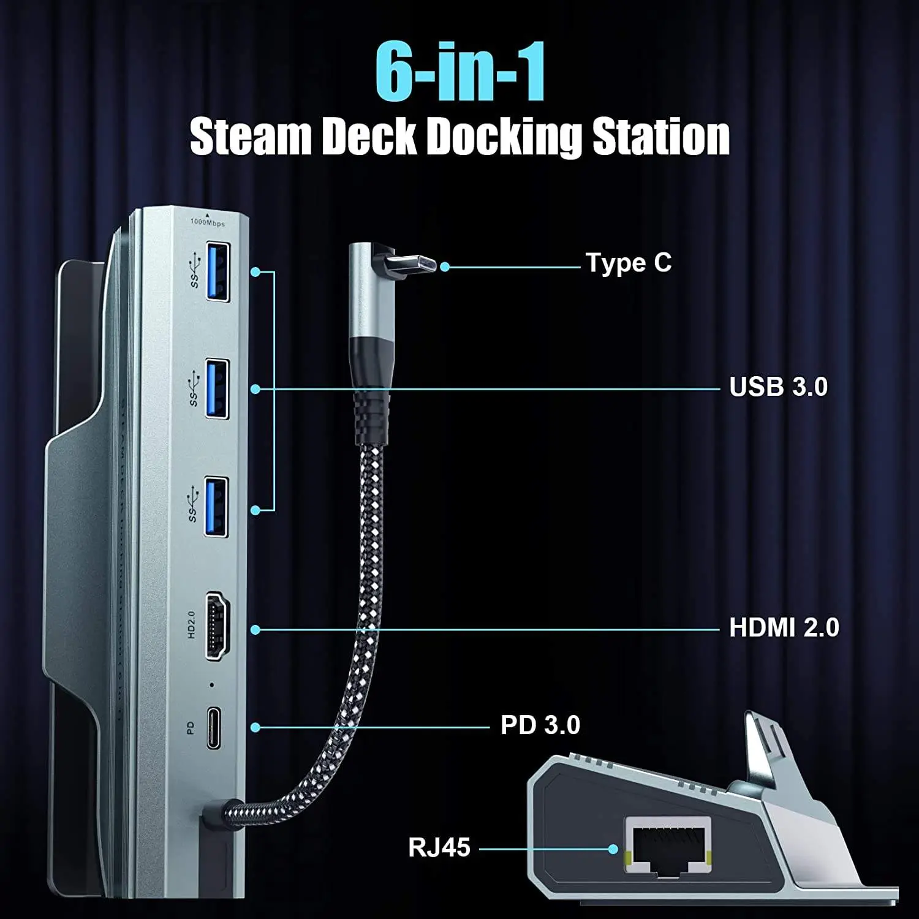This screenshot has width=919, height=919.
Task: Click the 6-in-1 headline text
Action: coord(460,72)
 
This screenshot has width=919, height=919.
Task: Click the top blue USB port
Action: coord(217,272)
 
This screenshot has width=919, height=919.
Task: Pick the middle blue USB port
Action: coord(217,389)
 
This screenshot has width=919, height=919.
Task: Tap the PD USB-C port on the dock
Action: coord(214,728)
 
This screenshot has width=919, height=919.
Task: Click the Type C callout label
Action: coord(629,263)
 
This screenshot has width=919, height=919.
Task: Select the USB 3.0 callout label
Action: coord(778,387)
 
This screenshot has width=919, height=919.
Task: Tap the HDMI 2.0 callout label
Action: coord(784,628)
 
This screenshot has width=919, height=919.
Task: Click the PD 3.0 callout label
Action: coord(540,725)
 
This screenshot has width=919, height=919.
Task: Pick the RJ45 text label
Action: coord(439,848)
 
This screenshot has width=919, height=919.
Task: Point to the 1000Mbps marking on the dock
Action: coord(208,222)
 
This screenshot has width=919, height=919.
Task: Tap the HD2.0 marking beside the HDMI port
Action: coord(191,625)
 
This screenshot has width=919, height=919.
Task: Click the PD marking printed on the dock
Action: coord(190,728)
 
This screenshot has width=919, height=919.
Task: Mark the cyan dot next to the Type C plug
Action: coord(445,267)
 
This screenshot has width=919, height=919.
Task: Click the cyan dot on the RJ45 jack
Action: coord(613,849)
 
